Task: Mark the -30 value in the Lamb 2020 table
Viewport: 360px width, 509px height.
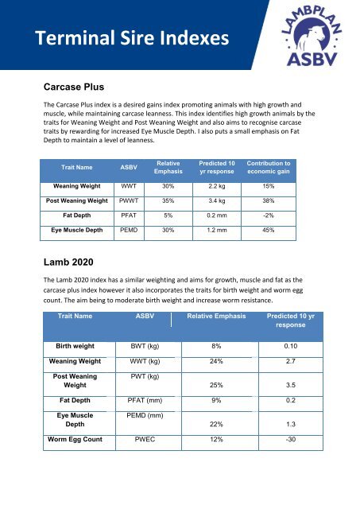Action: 300,438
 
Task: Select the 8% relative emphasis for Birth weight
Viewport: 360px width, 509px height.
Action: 215,346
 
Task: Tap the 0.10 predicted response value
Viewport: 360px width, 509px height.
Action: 300,346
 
